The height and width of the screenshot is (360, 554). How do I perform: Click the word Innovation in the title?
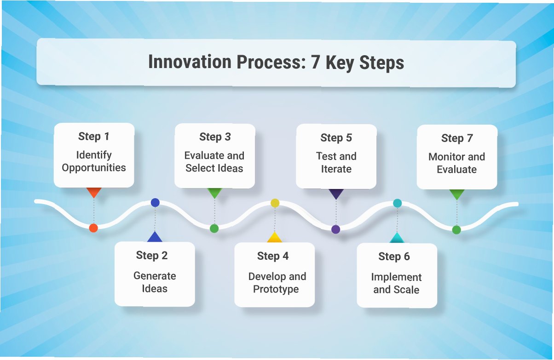[190, 62]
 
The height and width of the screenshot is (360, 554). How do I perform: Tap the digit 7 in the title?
[315, 62]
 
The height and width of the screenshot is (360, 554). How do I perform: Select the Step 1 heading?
[93, 137]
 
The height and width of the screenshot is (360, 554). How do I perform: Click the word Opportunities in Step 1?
[94, 168]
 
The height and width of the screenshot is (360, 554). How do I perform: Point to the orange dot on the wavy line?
[93, 228]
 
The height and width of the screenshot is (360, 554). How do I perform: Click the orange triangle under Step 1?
[94, 192]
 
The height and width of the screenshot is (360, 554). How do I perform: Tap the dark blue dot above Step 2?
[155, 202]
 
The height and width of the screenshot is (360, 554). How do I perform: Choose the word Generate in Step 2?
[155, 276]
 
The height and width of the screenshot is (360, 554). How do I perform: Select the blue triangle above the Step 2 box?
[155, 237]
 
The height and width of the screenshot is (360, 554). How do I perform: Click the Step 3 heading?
[215, 137]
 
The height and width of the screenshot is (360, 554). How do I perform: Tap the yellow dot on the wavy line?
[275, 203]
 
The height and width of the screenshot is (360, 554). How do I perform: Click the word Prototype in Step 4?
[276, 289]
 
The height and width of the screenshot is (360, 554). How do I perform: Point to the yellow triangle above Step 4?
[274, 237]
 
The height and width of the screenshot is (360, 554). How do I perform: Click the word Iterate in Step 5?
[336, 169]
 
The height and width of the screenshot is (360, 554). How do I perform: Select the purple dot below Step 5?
[335, 229]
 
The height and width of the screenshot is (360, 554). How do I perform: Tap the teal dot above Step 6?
[397, 203]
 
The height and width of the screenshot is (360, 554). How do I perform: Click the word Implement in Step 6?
[396, 277]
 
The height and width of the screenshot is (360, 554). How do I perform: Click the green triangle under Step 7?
[457, 194]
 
